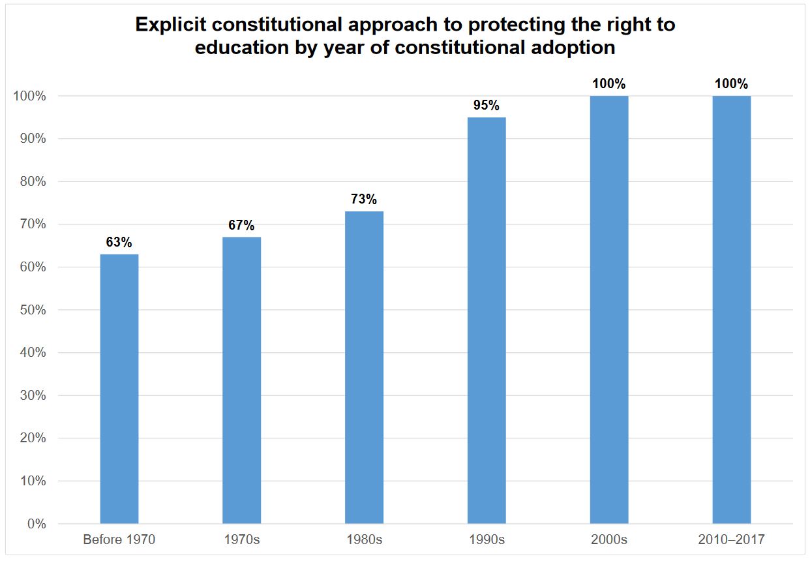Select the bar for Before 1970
119,389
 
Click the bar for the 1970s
241,380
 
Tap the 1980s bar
364,367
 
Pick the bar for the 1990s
487,320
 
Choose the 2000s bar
609,310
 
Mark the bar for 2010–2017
731,310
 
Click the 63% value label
119,243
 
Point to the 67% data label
241,226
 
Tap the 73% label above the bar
364,200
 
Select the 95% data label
487,106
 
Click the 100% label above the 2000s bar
609,84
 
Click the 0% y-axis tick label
37,524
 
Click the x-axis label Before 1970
119,540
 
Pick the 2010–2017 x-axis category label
731,540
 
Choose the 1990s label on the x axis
487,540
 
